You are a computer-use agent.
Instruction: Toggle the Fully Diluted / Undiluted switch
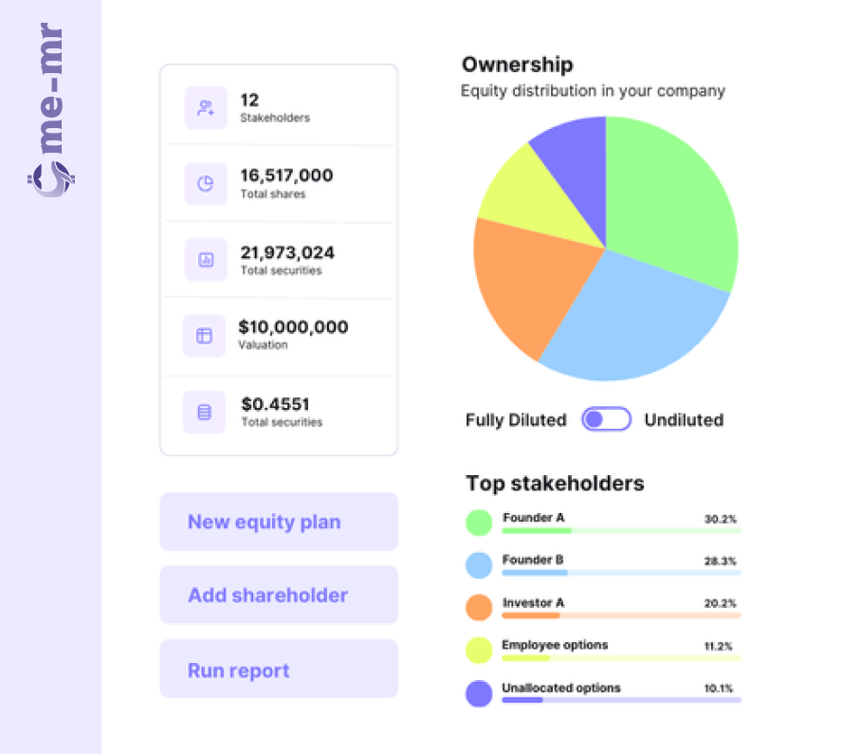click(x=607, y=419)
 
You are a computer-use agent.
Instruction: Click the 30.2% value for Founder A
click(x=720, y=520)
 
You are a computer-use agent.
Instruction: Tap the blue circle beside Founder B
click(x=479, y=565)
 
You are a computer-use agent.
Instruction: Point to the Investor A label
click(x=533, y=602)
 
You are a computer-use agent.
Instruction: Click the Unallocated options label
click(x=560, y=688)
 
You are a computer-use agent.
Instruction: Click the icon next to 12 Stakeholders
click(x=205, y=107)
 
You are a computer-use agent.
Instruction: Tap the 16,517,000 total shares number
click(x=286, y=175)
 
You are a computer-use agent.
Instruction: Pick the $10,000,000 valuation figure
click(x=293, y=327)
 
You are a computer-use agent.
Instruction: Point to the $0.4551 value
click(x=275, y=404)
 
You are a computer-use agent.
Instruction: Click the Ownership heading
click(x=517, y=64)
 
